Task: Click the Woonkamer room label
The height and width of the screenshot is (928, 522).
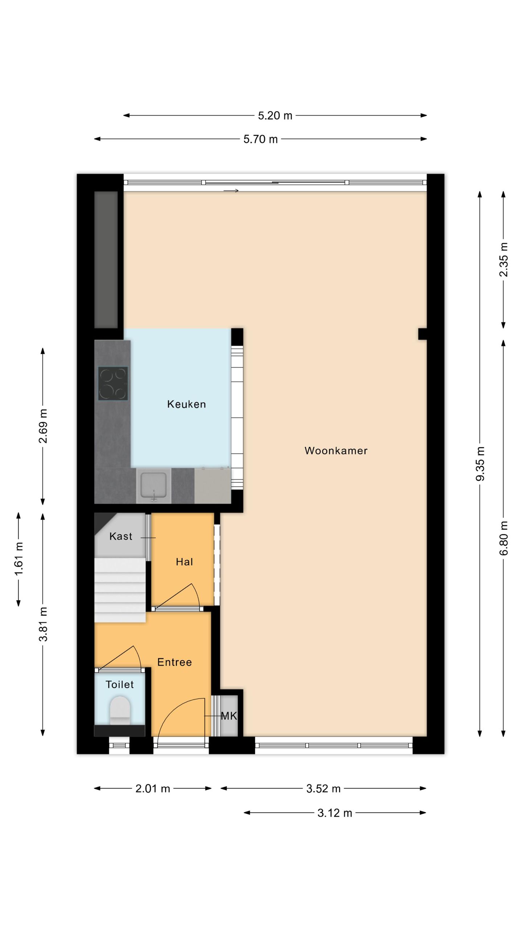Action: pos(336,451)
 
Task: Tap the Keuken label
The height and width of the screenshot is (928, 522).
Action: pos(186,404)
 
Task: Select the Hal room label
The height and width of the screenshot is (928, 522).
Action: pos(184,562)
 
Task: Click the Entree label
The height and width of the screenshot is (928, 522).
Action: pos(174,662)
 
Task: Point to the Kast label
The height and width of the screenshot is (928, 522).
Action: pos(121,536)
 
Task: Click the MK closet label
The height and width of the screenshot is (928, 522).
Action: pos(229,716)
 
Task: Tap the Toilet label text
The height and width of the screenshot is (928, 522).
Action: pos(120,684)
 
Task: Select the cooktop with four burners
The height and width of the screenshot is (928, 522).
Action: pos(113,384)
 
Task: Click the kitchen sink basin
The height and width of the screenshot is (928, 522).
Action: pos(154,485)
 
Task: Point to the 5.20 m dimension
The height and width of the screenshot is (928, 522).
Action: pos(275,116)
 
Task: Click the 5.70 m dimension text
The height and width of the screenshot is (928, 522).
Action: pos(260,139)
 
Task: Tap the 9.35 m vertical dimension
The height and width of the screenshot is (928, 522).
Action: pos(480,464)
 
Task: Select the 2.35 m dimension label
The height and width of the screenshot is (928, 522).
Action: pos(504,260)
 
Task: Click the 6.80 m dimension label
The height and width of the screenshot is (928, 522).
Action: pos(504,538)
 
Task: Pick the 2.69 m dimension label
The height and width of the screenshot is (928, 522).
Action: pos(43,426)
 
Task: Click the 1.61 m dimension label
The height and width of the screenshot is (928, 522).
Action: pos(19,559)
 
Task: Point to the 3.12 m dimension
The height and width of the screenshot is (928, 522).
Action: pos(335,813)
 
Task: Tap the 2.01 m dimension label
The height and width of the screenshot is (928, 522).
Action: pos(153,788)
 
